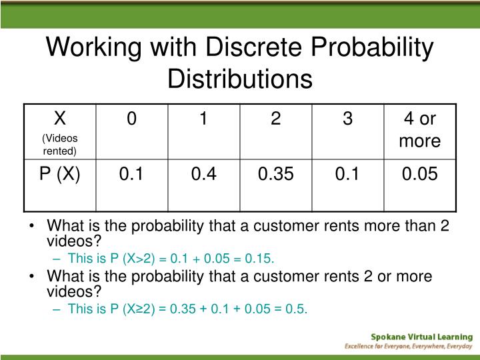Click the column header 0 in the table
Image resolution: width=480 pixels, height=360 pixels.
(x=132, y=119)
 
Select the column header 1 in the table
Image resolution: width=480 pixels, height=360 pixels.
(x=203, y=119)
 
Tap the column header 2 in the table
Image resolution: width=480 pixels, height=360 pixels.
(x=275, y=119)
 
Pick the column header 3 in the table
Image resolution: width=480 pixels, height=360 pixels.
(x=347, y=119)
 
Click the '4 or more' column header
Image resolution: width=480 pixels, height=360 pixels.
(x=419, y=129)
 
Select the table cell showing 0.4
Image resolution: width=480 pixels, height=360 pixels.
(x=203, y=175)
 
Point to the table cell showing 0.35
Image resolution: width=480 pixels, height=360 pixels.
(x=275, y=175)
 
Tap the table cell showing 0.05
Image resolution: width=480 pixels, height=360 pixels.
(x=419, y=175)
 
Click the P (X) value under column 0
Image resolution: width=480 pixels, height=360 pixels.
(x=132, y=175)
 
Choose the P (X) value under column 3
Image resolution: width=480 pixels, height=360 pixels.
(x=347, y=175)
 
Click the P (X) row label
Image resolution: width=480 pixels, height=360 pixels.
(x=60, y=175)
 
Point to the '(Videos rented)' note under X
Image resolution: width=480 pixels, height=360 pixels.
(x=60, y=145)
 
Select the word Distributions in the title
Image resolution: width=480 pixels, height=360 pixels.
(x=240, y=79)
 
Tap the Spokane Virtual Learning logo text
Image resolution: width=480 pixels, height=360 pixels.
(x=422, y=337)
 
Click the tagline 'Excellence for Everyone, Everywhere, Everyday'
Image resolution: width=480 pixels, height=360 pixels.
(x=408, y=347)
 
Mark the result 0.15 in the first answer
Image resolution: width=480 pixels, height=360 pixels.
(x=261, y=259)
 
